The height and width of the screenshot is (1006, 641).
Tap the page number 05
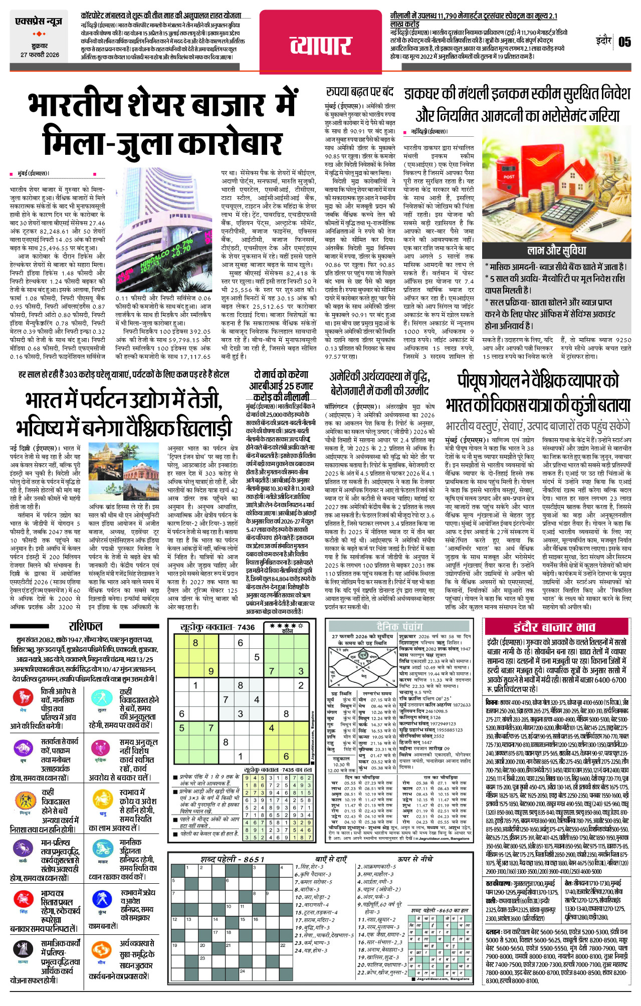624,42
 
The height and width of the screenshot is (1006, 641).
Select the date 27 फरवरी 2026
40,55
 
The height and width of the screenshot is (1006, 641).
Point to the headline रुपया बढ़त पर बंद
360,92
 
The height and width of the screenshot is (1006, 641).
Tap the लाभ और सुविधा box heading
556,250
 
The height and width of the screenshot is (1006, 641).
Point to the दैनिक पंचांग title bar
400,626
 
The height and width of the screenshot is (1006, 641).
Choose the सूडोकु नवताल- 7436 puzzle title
218,627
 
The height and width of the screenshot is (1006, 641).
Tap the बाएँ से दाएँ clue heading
331,859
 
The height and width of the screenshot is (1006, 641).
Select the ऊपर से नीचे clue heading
415,859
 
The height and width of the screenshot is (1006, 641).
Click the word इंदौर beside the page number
603,40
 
